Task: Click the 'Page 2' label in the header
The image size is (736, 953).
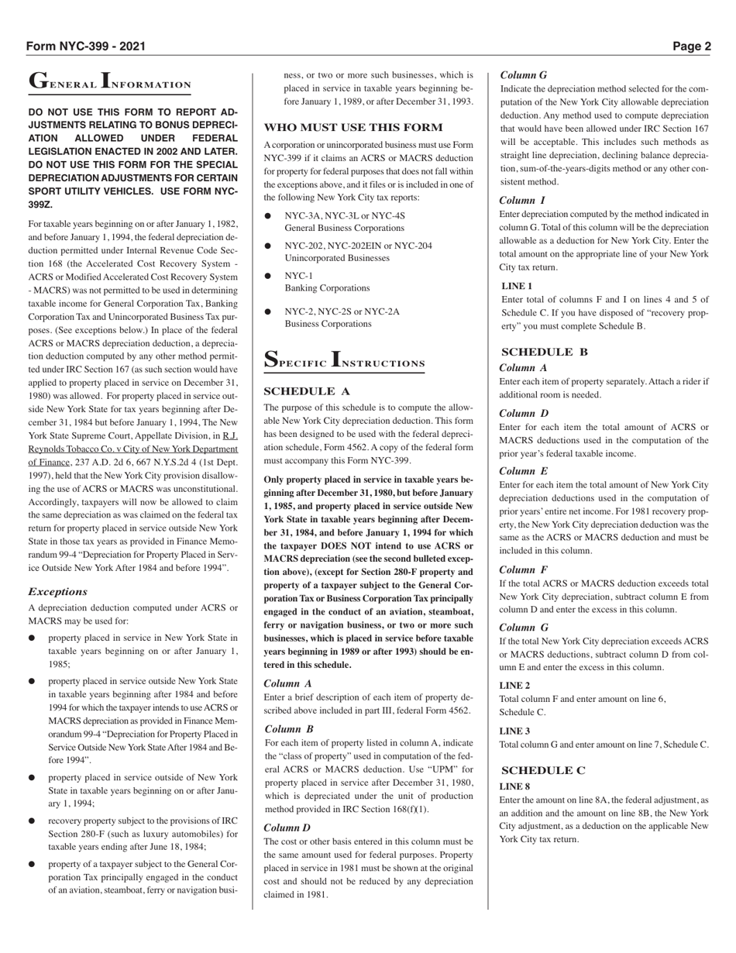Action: (x=691, y=46)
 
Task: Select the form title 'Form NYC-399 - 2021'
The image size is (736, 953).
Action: (x=85, y=46)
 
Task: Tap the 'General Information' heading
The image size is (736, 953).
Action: (x=109, y=81)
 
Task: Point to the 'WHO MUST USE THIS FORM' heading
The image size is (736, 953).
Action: (x=353, y=127)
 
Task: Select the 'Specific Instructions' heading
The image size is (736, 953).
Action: (x=344, y=361)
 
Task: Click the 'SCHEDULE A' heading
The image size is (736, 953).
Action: (x=307, y=391)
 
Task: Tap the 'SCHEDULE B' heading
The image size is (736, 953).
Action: (x=545, y=352)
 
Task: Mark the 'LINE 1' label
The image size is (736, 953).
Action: (x=517, y=286)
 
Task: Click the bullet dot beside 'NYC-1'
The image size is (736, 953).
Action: (x=268, y=276)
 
